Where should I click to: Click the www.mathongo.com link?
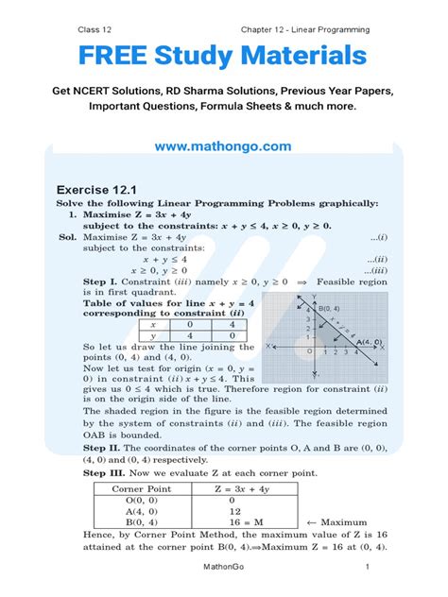pos(223,147)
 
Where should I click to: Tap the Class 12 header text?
pos(96,29)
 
